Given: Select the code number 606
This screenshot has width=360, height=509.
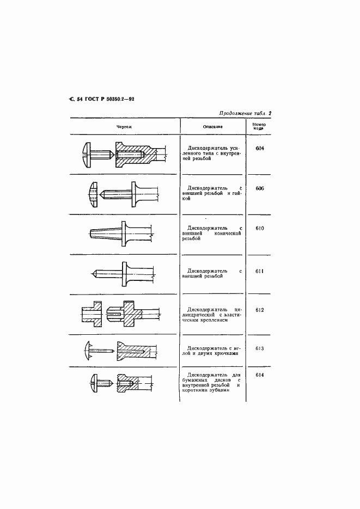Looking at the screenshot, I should click(x=259, y=188).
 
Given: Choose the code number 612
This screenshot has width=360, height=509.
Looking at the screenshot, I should click(x=259, y=310).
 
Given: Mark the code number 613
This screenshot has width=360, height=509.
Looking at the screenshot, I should click(x=259, y=348).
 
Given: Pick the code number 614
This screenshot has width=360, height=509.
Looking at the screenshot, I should click(x=259, y=375).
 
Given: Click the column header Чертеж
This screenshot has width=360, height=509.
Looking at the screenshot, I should click(x=124, y=126).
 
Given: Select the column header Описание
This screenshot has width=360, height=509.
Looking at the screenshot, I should click(x=212, y=126).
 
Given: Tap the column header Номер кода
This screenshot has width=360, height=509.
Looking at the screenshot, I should click(x=259, y=126).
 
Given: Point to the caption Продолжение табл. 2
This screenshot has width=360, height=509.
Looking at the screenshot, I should click(x=245, y=113).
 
